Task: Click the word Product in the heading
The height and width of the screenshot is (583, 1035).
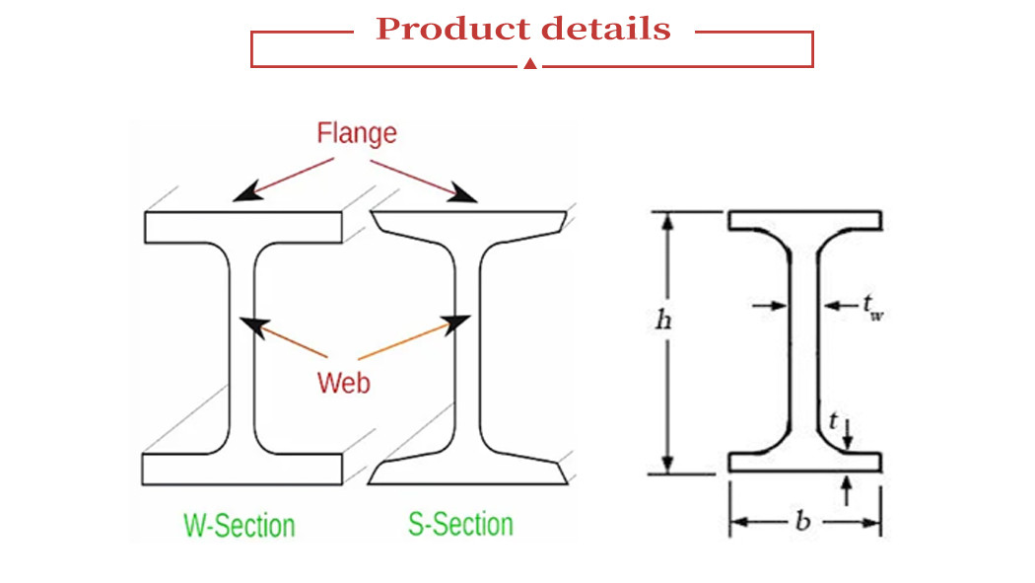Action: pyautogui.click(x=445, y=30)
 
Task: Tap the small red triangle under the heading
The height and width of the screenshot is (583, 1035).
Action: pyautogui.click(x=530, y=64)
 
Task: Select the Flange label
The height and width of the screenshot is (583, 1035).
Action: pyautogui.click(x=357, y=133)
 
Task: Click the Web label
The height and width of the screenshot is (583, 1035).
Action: pyautogui.click(x=344, y=382)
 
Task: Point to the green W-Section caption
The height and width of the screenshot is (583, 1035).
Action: pyautogui.click(x=240, y=524)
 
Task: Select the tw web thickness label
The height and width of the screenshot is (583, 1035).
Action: pyautogui.click(x=873, y=308)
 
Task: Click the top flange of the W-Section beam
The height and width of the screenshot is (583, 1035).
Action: pyautogui.click(x=243, y=227)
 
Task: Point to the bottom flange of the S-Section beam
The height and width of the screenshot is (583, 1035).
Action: pyautogui.click(x=469, y=474)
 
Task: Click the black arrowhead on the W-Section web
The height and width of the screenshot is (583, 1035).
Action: pyautogui.click(x=255, y=326)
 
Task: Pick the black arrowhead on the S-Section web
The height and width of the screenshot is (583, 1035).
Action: pyautogui.click(x=455, y=322)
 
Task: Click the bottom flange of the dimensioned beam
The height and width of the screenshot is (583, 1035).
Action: pyautogui.click(x=804, y=462)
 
